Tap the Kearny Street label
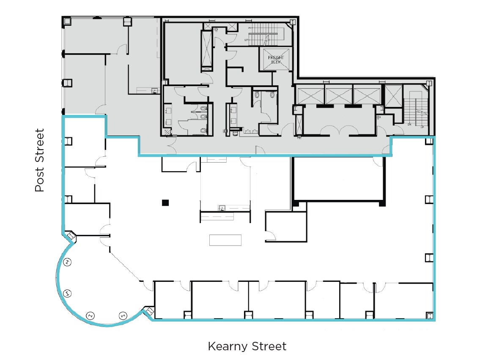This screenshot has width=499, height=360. pos(247,347)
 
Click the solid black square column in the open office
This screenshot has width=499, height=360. pos(165,203)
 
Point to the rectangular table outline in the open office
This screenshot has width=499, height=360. pos(225,240)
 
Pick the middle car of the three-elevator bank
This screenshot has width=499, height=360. pos(338,94)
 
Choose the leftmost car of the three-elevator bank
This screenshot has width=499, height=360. pos(311,94)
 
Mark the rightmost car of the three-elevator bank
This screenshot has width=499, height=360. pos(366,94)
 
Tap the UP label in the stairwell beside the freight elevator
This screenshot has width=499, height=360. pos(247,40)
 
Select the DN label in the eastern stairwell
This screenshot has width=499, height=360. pos(409,124)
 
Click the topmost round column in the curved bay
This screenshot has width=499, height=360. pos(68,262)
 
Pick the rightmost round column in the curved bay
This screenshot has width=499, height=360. pos(123,315)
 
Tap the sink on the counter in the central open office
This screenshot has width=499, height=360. pos(222,207)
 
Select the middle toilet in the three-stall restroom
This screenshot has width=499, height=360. pos(204,115)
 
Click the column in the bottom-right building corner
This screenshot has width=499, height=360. pos(429,316)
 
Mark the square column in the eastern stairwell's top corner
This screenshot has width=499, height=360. pos(429,83)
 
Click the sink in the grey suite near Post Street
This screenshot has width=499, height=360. pos(154,90)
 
